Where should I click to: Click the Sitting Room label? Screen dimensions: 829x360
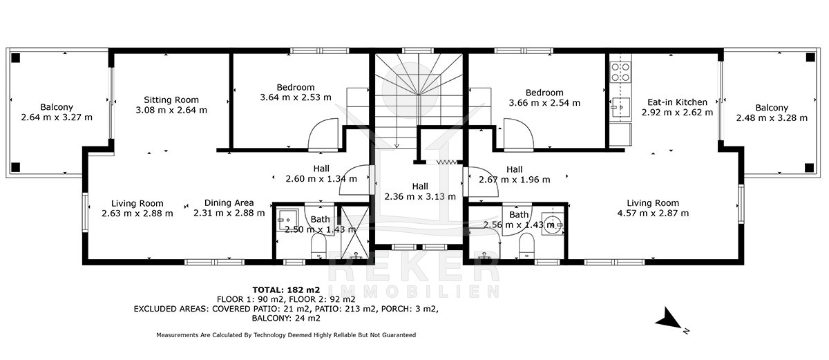point(171,100)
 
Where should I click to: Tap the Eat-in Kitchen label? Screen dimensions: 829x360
point(677,102)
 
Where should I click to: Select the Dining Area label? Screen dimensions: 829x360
point(229,202)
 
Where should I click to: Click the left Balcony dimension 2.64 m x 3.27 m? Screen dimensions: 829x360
point(57,117)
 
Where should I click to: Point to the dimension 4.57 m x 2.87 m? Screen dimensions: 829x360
point(653,213)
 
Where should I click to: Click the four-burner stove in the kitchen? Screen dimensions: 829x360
point(620,72)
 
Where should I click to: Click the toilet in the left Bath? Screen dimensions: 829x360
point(318,246)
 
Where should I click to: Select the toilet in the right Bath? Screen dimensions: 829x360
point(526,246)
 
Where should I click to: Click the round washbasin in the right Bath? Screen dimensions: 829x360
point(553,223)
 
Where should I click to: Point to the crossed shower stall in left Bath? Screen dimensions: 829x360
point(354,232)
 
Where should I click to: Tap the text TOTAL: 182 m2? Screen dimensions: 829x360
point(286,290)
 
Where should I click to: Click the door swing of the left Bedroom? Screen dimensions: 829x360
point(323,135)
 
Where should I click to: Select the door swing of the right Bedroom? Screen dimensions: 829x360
point(519,135)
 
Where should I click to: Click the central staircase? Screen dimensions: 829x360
point(419,101)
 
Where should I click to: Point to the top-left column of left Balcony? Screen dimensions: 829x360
point(15,58)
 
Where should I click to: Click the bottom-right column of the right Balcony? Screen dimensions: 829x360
point(810,168)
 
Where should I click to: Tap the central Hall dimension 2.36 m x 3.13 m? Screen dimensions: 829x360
point(420,196)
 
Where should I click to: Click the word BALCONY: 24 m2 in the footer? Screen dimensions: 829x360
point(286,318)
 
